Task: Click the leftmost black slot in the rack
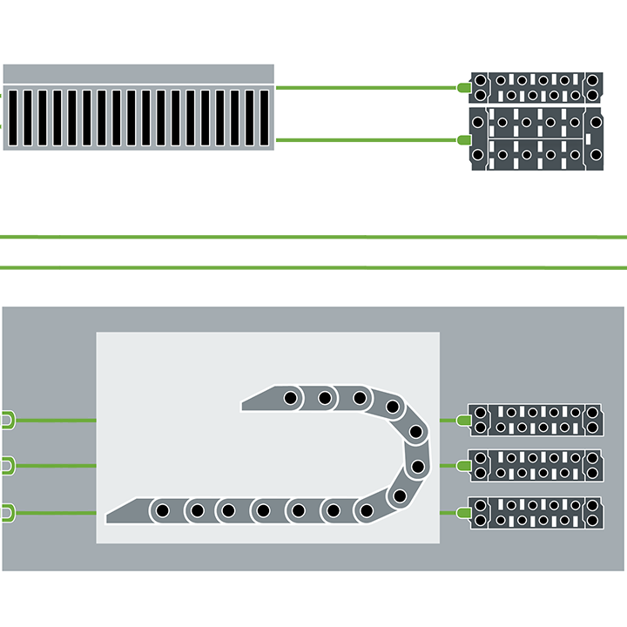(x=12, y=118)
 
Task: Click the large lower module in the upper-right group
(x=536, y=139)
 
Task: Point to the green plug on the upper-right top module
(x=465, y=88)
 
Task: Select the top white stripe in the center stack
(x=289, y=226)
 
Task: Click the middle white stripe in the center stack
(x=289, y=253)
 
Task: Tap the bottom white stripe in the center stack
(x=289, y=279)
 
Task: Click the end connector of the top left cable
(x=7, y=421)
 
